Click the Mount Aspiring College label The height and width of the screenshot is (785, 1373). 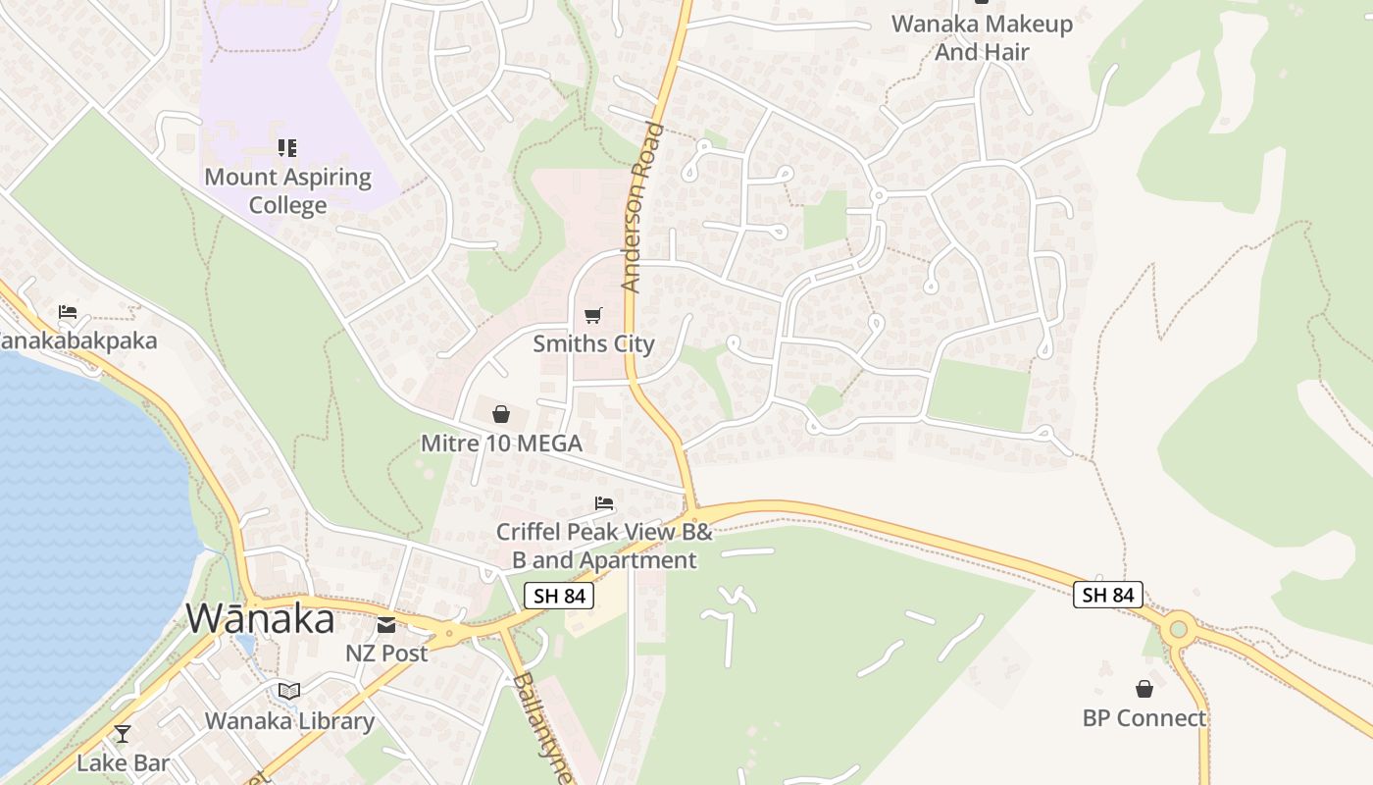point(287,191)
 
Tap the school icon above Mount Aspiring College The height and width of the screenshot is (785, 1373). point(287,148)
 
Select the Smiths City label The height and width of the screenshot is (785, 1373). point(593,344)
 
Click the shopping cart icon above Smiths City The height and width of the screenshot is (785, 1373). point(592,315)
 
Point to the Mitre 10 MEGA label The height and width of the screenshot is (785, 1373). point(501,444)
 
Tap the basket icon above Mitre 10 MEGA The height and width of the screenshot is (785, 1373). point(501,414)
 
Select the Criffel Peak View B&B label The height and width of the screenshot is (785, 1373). point(604,546)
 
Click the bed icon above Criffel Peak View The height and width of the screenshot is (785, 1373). point(604,503)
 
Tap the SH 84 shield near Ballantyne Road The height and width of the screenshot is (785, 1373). point(558,595)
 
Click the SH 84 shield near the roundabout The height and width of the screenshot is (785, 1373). point(1108,595)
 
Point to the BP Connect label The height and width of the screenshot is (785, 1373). point(1144,718)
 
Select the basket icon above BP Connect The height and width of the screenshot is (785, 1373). point(1144,689)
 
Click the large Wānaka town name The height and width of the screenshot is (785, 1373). point(260,619)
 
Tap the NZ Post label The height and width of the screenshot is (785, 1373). point(386,654)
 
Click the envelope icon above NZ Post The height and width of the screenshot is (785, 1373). point(386,625)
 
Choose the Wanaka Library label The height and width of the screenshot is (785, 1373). point(289,721)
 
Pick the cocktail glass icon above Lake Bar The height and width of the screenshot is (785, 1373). point(123,733)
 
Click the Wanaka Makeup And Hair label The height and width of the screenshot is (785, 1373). point(982,37)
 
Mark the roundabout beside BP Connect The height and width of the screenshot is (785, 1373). point(1179,629)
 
